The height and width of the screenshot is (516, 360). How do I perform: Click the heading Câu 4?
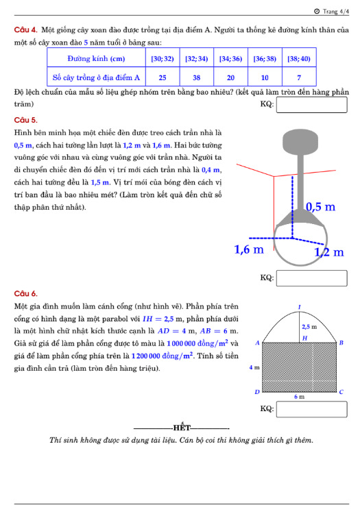[25, 30]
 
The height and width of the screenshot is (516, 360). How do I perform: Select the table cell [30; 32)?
[163, 58]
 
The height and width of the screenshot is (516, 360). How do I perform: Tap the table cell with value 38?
[197, 77]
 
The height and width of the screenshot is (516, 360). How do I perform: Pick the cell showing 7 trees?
[299, 77]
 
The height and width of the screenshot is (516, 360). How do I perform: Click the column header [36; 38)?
[265, 58]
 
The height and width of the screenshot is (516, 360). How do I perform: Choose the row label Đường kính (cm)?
[96, 58]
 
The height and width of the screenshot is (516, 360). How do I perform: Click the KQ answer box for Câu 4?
[311, 105]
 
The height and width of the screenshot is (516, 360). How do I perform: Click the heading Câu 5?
[25, 120]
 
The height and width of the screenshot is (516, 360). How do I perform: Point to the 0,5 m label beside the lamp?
[320, 207]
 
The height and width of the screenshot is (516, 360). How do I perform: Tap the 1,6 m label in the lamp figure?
[249, 249]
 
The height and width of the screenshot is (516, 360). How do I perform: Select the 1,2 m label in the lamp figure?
[328, 252]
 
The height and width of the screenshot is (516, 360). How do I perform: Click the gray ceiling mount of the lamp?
[300, 142]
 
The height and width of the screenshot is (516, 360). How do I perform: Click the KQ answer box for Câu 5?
[311, 278]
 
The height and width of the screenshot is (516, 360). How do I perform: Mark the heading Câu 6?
[25, 293]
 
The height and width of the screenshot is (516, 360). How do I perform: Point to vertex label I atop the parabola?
[300, 307]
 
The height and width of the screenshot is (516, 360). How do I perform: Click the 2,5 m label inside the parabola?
[309, 327]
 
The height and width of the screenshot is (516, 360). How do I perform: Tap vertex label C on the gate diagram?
[341, 392]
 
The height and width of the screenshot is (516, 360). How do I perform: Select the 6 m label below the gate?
[300, 397]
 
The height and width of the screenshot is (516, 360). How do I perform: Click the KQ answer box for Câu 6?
[311, 409]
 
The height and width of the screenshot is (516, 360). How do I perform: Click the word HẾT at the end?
[182, 428]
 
